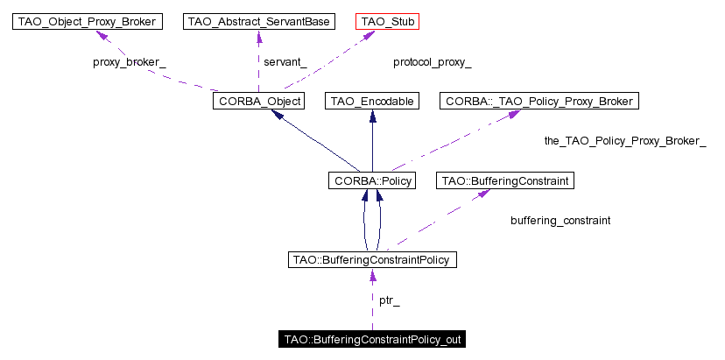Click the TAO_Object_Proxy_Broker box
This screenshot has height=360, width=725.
point(88,22)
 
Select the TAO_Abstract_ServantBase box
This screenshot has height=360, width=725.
point(258,22)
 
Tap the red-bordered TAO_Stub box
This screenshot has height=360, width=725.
point(388,22)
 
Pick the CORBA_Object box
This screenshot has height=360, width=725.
point(258,102)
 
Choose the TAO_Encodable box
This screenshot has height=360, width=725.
point(372,102)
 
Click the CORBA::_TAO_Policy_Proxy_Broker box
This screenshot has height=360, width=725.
point(539,102)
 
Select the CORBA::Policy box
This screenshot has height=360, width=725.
point(372,181)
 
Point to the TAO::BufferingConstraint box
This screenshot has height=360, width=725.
point(505,181)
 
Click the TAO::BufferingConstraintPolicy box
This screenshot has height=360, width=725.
point(372,260)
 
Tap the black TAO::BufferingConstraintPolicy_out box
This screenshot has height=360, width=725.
point(372,340)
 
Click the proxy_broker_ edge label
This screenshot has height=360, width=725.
point(130,62)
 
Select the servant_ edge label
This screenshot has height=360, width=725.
point(285,62)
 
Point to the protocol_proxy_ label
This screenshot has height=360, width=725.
point(433,62)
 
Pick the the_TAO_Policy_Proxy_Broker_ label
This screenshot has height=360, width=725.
point(625,142)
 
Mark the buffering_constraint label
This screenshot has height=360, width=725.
point(560,221)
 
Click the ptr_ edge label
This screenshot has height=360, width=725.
point(390,301)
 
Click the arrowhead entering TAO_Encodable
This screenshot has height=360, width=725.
point(372,116)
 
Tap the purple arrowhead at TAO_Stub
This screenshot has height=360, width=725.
point(368,34)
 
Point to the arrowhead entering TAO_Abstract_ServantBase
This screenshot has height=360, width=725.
point(259,36)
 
